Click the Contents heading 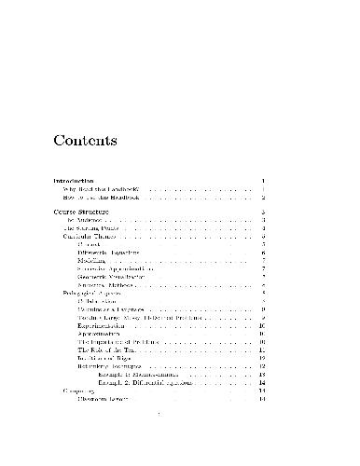pyautogui.click(x=84, y=143)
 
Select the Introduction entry pyautogui.click(x=74, y=180)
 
